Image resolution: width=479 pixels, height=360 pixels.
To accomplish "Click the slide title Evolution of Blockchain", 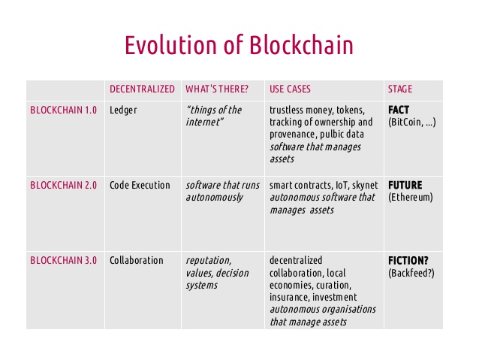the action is point(239,45).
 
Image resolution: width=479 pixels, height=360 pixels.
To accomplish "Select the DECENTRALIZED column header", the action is point(142,89).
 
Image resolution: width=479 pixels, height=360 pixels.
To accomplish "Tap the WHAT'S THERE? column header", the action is point(217,89).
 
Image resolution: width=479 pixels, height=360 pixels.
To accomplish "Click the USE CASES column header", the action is point(290,89).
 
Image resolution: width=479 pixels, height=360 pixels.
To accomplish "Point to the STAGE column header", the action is point(400,89).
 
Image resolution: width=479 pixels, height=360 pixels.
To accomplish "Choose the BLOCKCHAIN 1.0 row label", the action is point(64,110).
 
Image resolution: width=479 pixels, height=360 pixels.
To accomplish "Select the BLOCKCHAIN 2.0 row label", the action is point(64,185).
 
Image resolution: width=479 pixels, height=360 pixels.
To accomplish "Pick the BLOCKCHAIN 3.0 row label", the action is point(64,260).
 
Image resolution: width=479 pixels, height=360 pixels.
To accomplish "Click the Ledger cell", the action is point(123,110).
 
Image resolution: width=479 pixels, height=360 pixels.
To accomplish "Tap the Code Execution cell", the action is point(140,185).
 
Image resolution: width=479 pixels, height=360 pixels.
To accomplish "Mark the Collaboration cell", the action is point(136,260).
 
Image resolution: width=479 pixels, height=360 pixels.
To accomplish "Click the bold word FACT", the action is point(399,110).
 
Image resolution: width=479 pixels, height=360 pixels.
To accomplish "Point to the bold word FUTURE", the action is point(405,185).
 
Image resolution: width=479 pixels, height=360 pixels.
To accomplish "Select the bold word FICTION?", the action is point(408,261).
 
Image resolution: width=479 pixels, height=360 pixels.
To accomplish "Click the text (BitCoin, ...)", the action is point(412,123).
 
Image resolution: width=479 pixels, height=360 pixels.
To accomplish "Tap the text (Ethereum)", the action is point(411,198).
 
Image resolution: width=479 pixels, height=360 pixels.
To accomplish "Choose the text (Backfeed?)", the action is point(411,273).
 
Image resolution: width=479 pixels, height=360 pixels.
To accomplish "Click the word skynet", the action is point(365,186).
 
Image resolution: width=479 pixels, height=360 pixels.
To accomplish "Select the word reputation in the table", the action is point(209,261).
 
